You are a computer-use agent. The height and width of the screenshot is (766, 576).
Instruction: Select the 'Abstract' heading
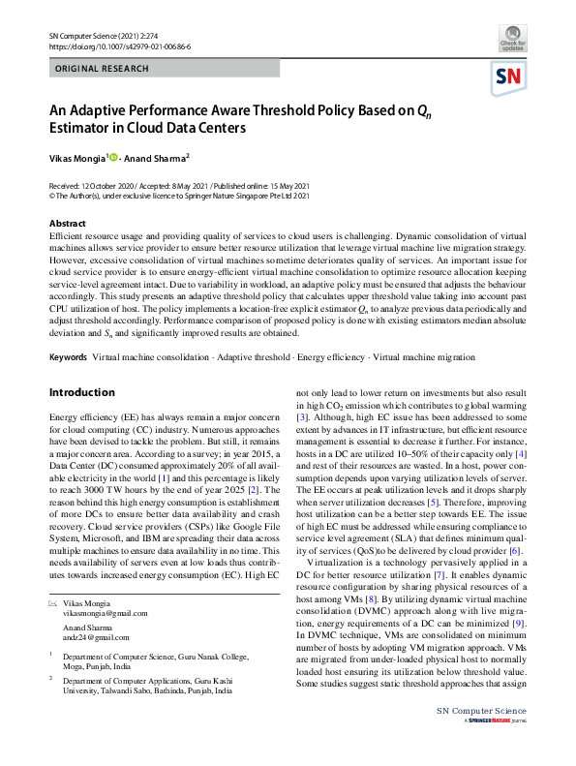(67, 223)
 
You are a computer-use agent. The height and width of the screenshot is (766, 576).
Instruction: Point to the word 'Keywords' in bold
(68, 357)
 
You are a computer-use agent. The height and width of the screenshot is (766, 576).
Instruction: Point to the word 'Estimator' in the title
(88, 126)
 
